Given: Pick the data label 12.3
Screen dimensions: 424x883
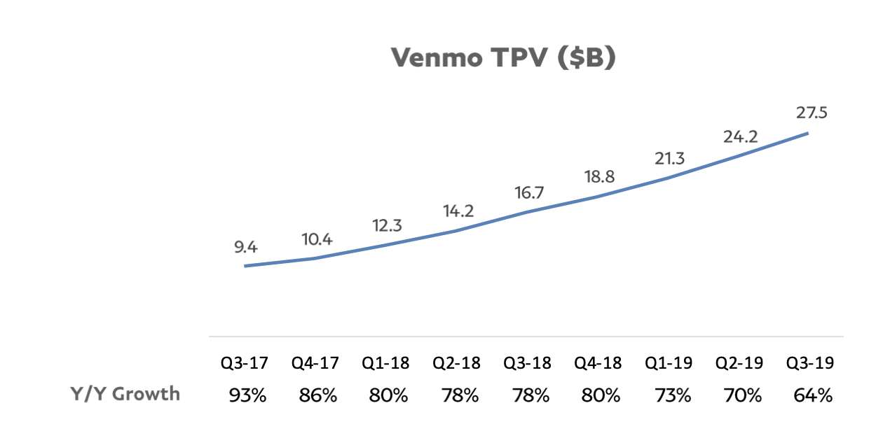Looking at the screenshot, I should (387, 226).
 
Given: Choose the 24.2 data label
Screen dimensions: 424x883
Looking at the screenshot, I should (740, 137).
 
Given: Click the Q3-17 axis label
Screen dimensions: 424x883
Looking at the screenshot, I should (246, 364).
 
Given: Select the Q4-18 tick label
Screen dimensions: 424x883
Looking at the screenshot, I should (598, 364).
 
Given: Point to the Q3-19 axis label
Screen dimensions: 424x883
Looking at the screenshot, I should (811, 364).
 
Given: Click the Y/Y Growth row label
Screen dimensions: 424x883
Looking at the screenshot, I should (125, 393).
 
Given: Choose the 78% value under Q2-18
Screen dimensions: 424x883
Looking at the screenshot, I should (459, 395).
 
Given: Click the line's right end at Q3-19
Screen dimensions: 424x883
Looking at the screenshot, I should (808, 133).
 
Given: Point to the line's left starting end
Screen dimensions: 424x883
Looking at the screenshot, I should (245, 266).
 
